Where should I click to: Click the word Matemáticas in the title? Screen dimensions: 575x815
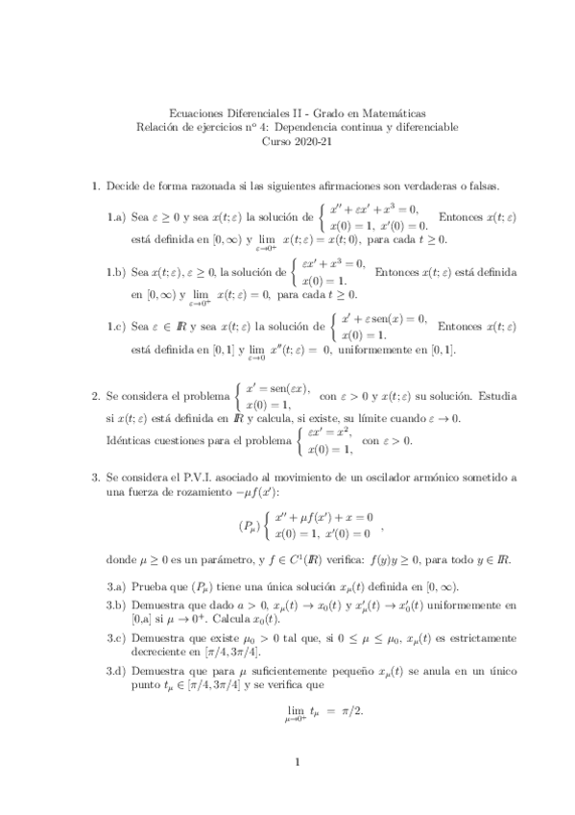pos(393,112)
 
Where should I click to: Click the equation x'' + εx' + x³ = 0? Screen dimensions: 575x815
pos(375,208)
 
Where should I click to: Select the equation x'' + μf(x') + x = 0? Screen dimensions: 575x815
pos(323,518)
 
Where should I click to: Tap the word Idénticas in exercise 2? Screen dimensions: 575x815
pos(129,441)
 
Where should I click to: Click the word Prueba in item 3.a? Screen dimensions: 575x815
pos(150,588)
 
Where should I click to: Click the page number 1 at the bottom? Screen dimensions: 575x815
pos(299,764)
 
